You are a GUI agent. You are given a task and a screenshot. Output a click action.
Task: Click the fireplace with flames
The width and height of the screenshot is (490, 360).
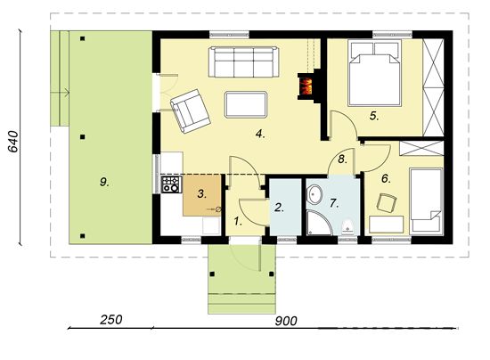pos(306,86)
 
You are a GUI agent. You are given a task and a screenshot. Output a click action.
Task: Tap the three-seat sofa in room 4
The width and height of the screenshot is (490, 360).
pos(244,61)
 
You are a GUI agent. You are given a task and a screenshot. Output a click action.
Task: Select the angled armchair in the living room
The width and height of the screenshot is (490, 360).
pos(190,111)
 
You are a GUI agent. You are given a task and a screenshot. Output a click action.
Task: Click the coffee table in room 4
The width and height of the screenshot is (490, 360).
pos(246,104)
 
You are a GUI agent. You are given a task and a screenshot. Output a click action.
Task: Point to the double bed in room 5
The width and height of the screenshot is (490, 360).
pos(375,73)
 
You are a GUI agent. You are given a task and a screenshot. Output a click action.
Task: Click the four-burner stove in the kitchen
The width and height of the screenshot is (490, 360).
pos(171,184)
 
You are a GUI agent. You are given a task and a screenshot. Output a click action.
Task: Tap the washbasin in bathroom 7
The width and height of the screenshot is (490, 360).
pos(314,194)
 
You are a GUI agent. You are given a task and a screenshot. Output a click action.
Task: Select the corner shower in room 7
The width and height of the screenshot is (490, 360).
pos(319,223)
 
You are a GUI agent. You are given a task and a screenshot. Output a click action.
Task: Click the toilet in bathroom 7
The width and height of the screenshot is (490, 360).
pos(347,228)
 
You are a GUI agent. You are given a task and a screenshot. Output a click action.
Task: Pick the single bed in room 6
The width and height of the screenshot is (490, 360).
pos(426,201)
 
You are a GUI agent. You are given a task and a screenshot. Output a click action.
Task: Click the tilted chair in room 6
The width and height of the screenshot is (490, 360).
pos(387,203)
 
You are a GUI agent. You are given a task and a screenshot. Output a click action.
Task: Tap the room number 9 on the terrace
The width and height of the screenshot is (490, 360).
pos(104,182)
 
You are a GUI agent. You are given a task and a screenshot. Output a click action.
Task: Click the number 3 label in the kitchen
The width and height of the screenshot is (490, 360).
pos(202,194)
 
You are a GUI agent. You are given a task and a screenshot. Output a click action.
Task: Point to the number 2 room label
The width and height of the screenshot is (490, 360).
pos(279,208)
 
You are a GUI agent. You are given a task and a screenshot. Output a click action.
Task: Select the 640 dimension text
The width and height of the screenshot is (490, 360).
pos(13,142)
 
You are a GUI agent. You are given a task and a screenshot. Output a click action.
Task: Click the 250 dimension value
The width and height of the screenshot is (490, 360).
pos(111,320)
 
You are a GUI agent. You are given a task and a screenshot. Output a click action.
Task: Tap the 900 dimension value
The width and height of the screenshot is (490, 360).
pos(286,321)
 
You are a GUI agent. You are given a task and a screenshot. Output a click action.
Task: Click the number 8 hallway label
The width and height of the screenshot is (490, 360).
pos(342,160)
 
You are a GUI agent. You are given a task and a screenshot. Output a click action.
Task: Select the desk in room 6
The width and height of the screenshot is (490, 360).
pos(387,224)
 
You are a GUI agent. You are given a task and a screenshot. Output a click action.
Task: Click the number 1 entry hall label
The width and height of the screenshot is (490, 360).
pos(238,222)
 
